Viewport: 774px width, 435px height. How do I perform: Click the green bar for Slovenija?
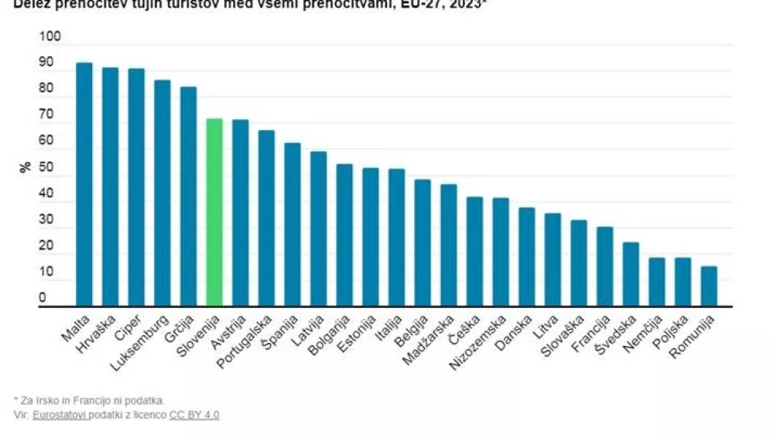[x=214, y=213]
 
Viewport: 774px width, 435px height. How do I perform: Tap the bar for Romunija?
[x=709, y=286]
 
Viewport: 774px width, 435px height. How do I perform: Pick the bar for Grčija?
[x=188, y=197]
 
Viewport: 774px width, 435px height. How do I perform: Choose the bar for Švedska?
[x=631, y=274]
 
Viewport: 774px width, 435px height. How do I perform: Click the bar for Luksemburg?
[x=162, y=194]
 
